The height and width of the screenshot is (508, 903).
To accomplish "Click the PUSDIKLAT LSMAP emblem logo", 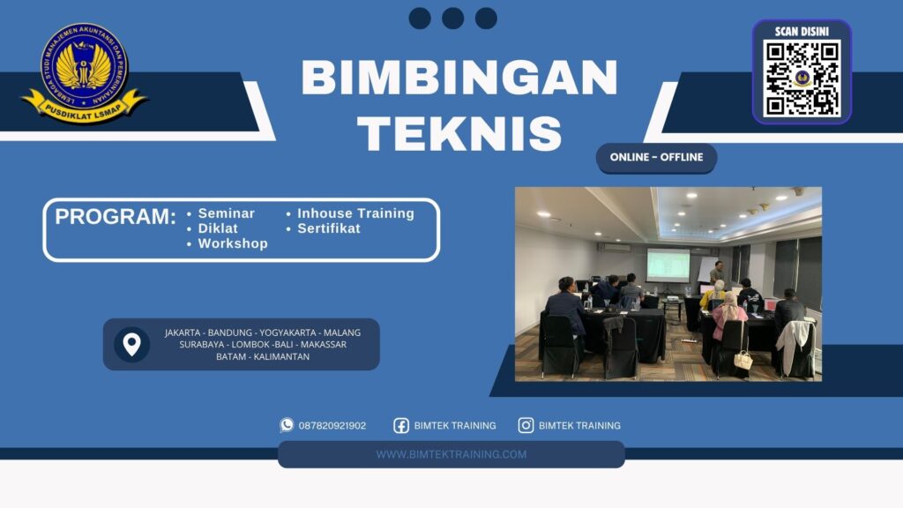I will (84, 72).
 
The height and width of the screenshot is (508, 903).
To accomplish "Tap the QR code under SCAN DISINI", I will (802, 78).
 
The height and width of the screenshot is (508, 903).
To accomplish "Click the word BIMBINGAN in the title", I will (459, 79).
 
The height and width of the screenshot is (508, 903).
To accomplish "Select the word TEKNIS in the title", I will (459, 134).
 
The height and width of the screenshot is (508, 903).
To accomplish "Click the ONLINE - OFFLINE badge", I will (656, 157).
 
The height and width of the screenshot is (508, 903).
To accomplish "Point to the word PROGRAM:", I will (116, 217).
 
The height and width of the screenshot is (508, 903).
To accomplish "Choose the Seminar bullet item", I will (226, 213).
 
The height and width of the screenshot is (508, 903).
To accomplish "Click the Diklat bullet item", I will (217, 228).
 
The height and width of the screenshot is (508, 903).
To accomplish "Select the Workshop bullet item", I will (232, 243).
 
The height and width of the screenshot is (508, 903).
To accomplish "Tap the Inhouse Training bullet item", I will (354, 213).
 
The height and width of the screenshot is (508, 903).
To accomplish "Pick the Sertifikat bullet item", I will (328, 228).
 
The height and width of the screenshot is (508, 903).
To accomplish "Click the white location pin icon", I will (131, 344).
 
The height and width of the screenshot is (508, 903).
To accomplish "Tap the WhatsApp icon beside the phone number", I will (287, 425).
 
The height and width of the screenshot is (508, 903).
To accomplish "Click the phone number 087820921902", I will (332, 425).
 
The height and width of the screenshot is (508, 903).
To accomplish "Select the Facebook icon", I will (401, 425).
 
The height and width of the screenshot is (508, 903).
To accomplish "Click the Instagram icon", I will (526, 425).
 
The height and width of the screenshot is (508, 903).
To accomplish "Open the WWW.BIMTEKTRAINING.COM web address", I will (451, 454).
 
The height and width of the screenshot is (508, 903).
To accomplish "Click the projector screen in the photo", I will (668, 265).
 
